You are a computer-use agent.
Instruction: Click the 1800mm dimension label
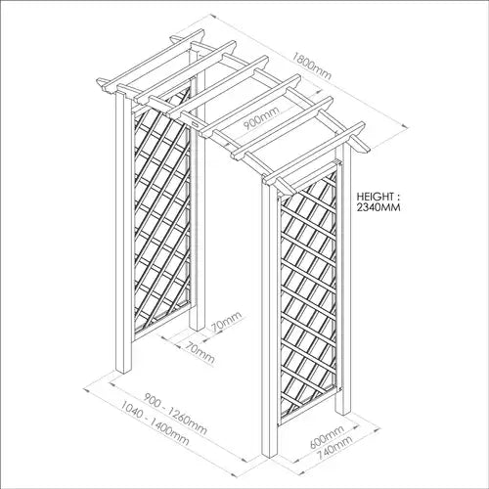(x=311, y=67)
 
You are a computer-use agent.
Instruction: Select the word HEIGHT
(x=375, y=197)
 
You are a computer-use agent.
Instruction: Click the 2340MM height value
(x=378, y=207)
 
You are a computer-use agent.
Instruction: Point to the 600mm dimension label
(x=326, y=437)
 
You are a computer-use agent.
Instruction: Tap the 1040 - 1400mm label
(x=155, y=423)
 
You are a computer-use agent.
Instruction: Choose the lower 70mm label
(x=200, y=352)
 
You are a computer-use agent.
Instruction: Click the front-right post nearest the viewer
(x=269, y=320)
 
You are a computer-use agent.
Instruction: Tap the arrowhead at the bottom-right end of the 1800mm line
(x=405, y=126)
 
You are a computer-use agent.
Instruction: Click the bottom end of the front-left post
(x=124, y=372)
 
